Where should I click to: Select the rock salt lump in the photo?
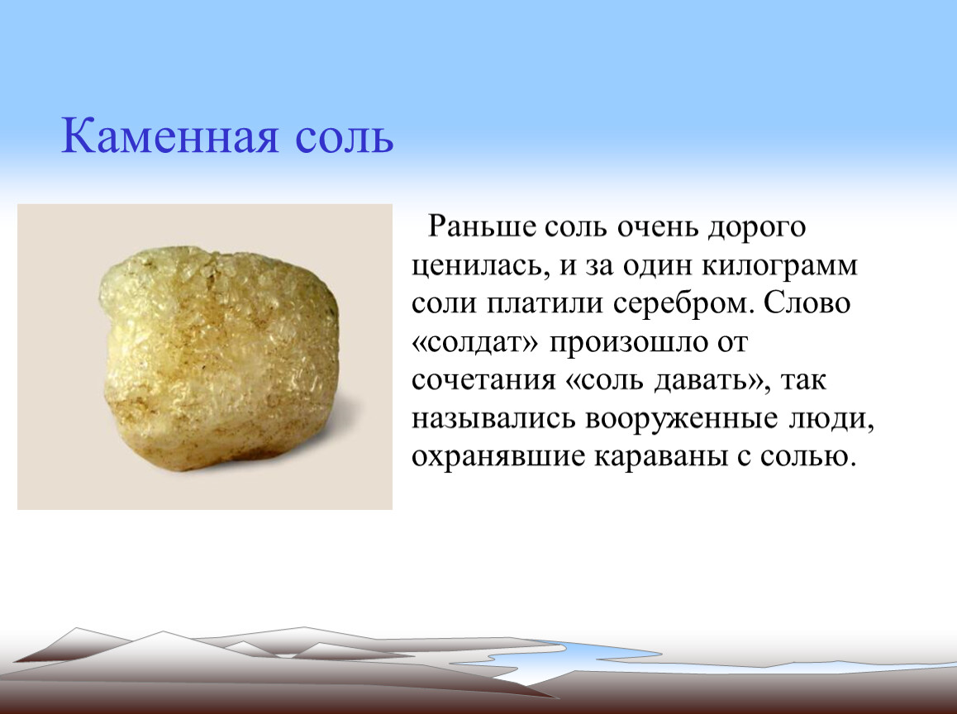pyautogui.click(x=218, y=360)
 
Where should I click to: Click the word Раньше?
pyautogui.click(x=482, y=226)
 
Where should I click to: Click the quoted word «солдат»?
pyautogui.click(x=476, y=342)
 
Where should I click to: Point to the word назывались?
pyautogui.click(x=493, y=419)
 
